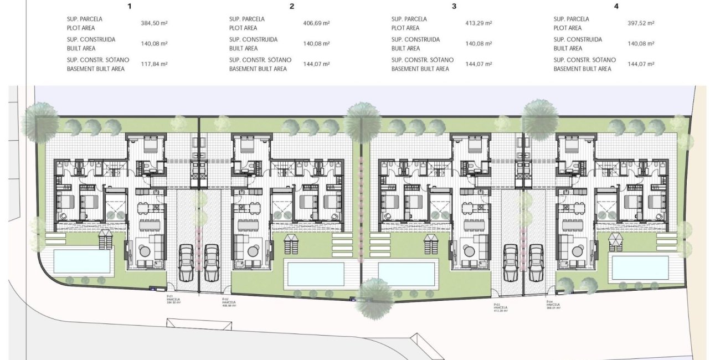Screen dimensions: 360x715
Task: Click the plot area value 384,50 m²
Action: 154,23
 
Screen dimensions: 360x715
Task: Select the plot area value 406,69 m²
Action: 316,23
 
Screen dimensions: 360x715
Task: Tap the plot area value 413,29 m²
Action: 479,23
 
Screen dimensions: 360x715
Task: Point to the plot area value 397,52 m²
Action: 641,23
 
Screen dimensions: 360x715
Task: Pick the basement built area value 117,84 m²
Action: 154,64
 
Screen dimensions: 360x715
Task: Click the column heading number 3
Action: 454,7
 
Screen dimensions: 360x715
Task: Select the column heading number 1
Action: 130,7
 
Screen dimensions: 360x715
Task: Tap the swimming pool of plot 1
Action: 82,261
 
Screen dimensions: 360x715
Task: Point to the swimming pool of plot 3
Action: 406,273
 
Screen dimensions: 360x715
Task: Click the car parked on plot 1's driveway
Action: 186,263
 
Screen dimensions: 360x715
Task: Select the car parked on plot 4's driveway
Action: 536,263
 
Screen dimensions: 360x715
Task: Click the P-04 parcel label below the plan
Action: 552,305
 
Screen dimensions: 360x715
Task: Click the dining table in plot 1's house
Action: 147,224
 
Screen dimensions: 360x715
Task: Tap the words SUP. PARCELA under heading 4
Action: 571,19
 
